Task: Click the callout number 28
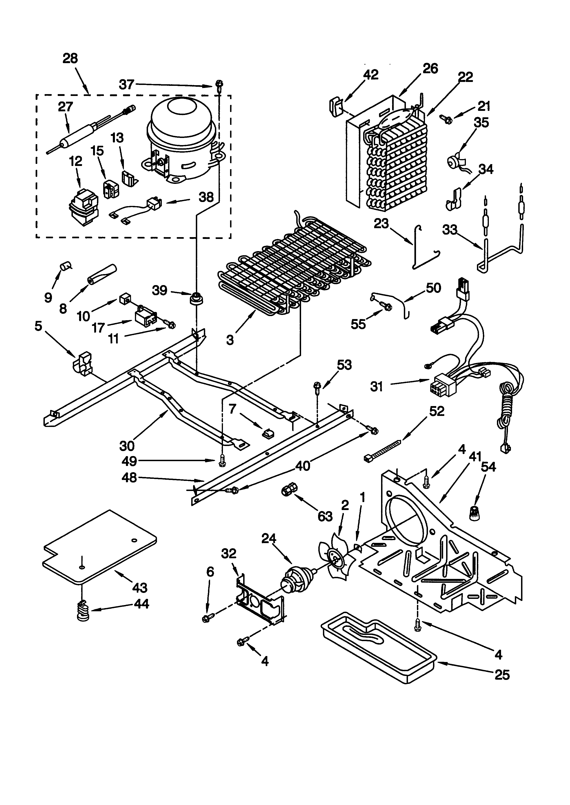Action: [x=70, y=58]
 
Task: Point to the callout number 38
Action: [x=206, y=197]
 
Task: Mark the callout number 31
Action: [x=377, y=387]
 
